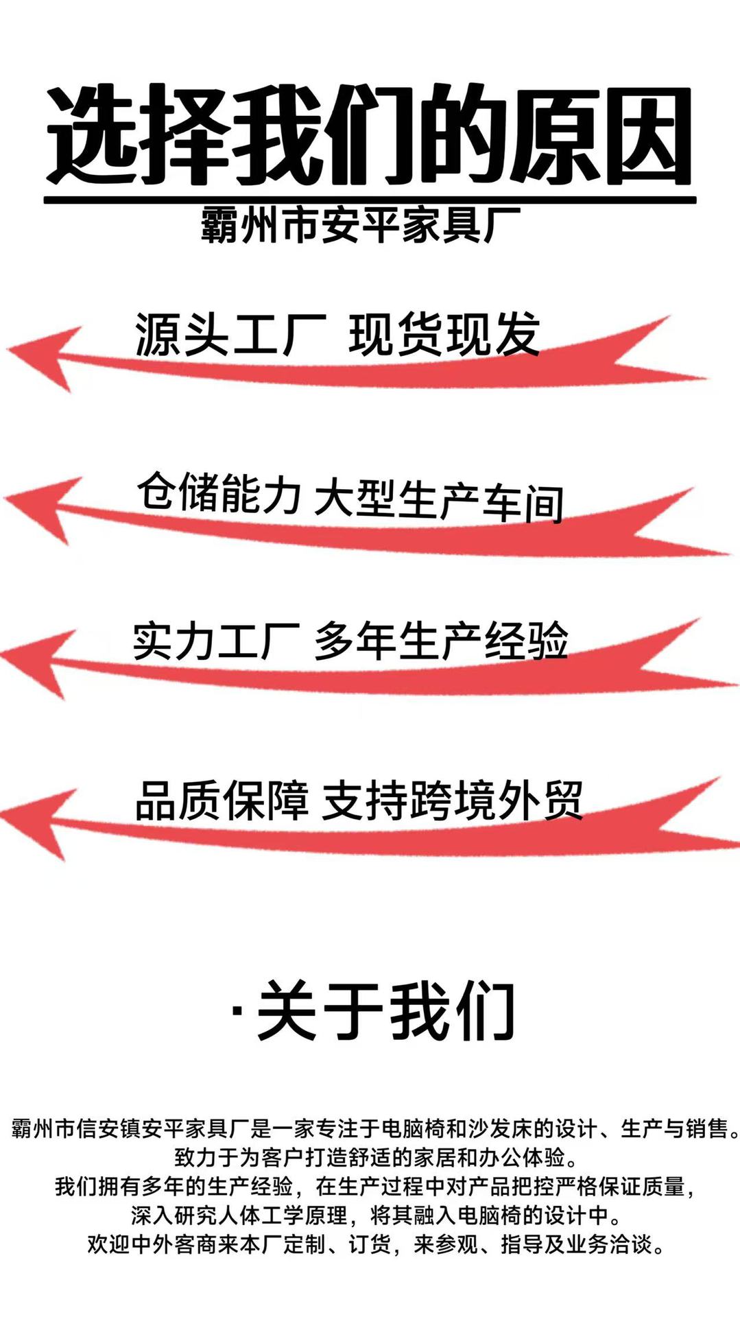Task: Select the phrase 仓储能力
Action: pyautogui.click(x=219, y=493)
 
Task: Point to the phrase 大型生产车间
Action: pyautogui.click(x=439, y=501)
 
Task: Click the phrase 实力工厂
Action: pyautogui.click(x=217, y=642)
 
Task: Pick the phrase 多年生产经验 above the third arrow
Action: pyautogui.click(x=442, y=642)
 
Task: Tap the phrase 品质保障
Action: pyautogui.click(x=222, y=800)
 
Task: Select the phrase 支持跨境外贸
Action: pyautogui.click(x=453, y=800)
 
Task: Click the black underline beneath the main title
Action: pyautogui.click(x=370, y=200)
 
